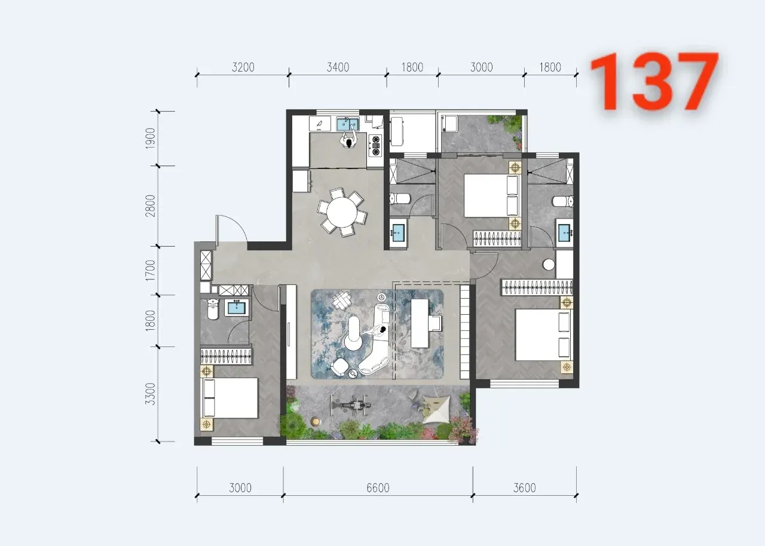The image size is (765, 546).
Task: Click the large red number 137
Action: (x=654, y=82)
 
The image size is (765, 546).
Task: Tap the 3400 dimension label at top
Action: (x=338, y=68)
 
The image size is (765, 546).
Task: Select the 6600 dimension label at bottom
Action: (x=378, y=488)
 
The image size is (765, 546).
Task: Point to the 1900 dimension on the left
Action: (x=150, y=138)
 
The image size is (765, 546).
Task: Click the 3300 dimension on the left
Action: (x=150, y=394)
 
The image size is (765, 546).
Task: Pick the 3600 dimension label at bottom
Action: (x=525, y=488)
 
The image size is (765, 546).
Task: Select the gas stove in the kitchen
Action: (x=376, y=145)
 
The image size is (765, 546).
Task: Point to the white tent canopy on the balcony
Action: (x=436, y=410)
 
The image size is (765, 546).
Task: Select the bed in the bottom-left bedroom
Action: (x=230, y=398)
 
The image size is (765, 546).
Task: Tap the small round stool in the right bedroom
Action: (x=549, y=265)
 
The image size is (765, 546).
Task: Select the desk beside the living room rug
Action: (x=420, y=323)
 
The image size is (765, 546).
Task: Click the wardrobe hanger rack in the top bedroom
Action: (x=497, y=238)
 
